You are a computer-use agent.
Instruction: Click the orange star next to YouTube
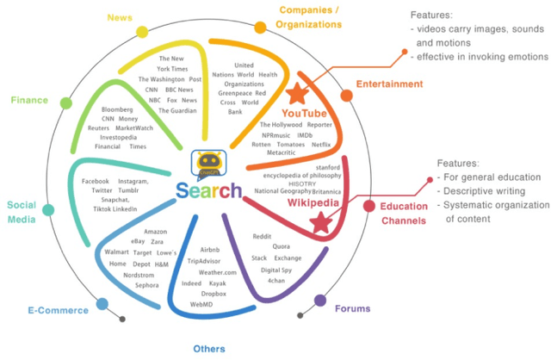pyautogui.click(x=296, y=94)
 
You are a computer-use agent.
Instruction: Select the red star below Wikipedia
pyautogui.click(x=321, y=223)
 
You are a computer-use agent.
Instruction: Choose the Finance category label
pyautogui.click(x=29, y=101)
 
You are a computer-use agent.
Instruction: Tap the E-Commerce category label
pyautogui.click(x=58, y=310)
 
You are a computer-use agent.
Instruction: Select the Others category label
pyautogui.click(x=208, y=348)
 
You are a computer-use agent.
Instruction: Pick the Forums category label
pyautogui.click(x=353, y=308)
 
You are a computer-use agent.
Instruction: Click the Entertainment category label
pyautogui.click(x=389, y=84)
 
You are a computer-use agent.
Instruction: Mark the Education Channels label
pyautogui.click(x=405, y=214)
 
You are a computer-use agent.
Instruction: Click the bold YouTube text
pyautogui.click(x=304, y=114)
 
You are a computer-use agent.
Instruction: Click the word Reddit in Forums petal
pyautogui.click(x=263, y=235)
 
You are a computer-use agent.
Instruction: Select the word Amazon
pyautogui.click(x=155, y=232)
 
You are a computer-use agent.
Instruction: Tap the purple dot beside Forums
pyautogui.click(x=319, y=300)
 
